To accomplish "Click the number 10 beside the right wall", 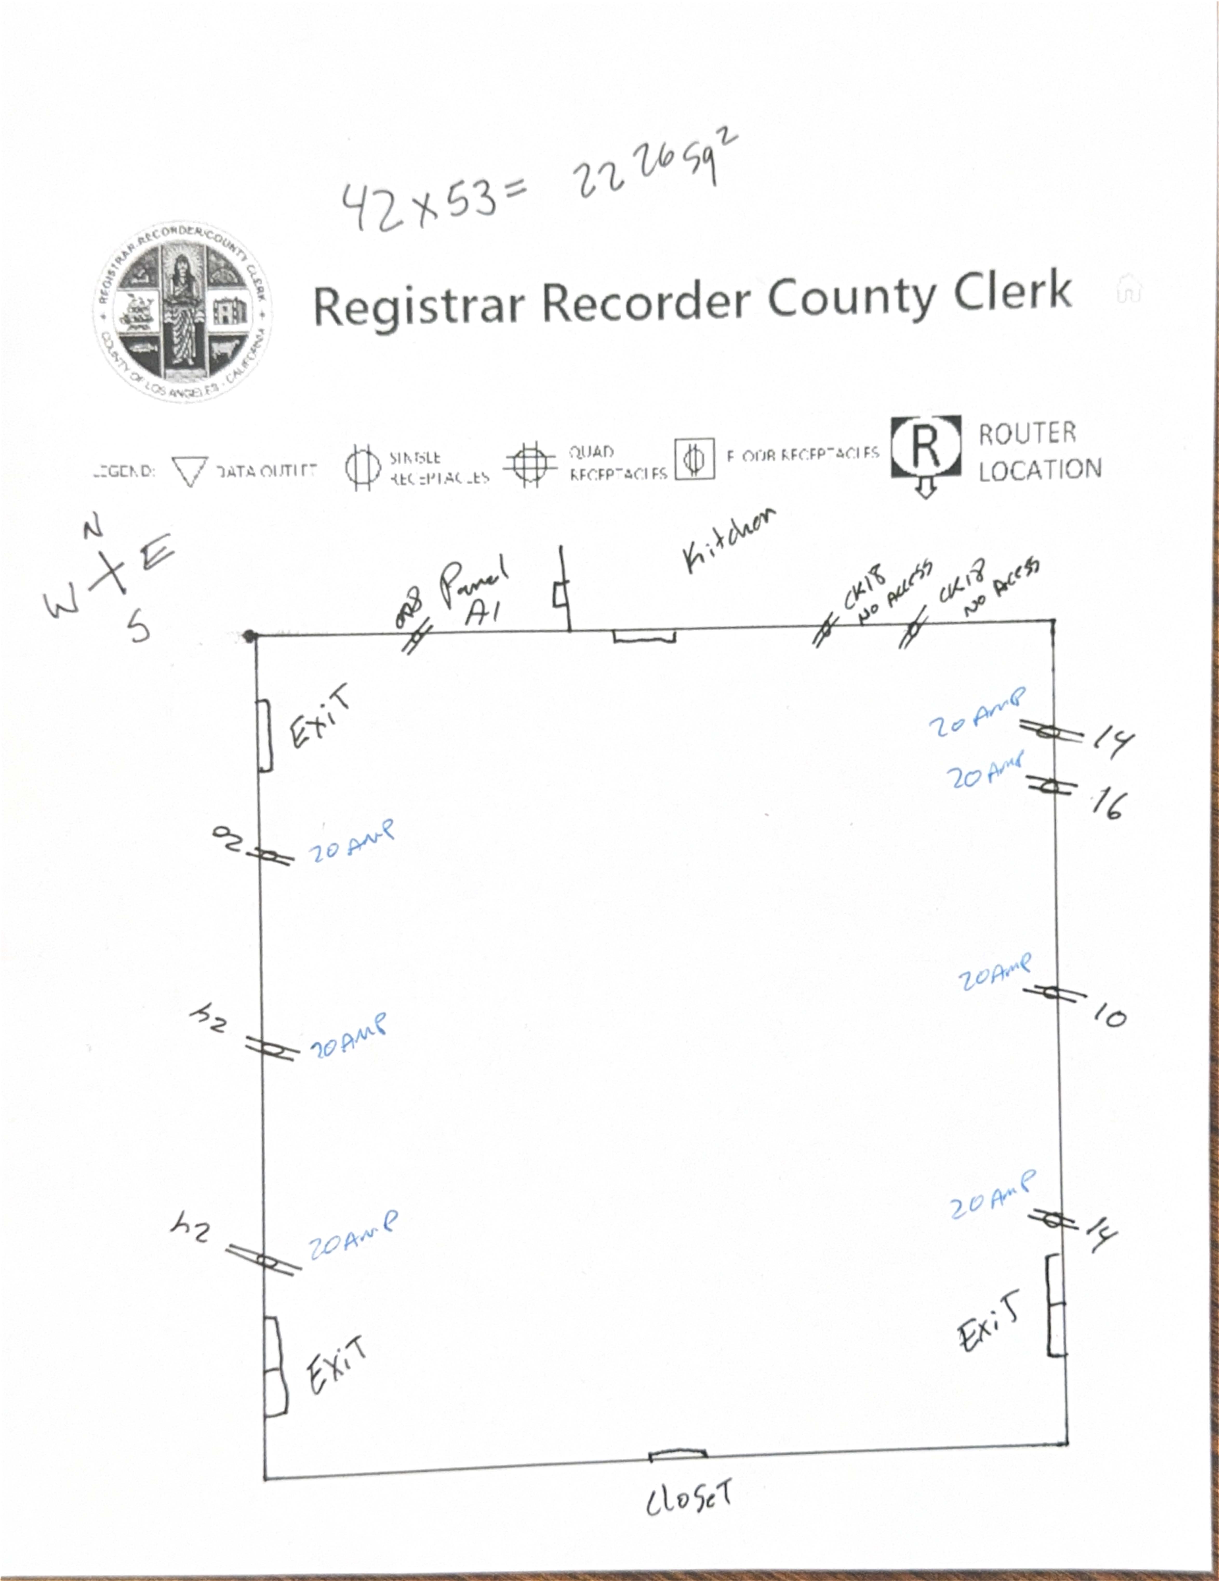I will (1109, 1017).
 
